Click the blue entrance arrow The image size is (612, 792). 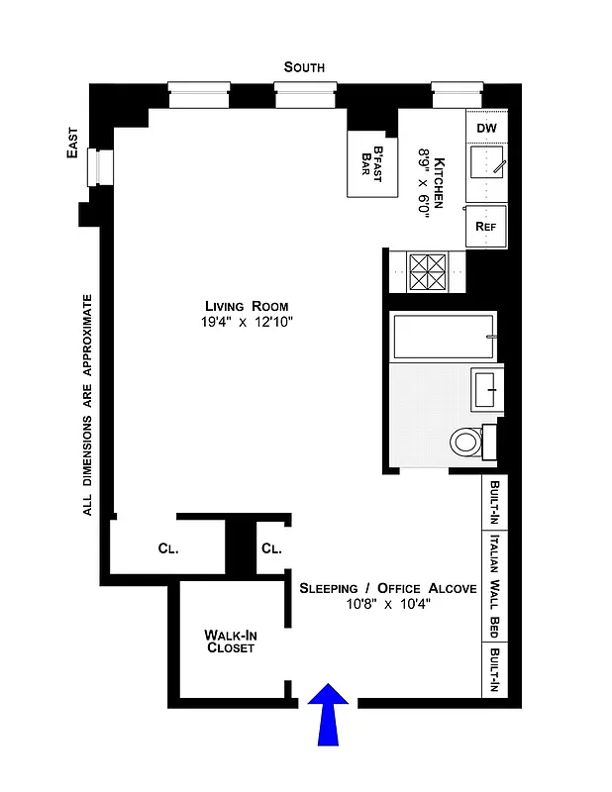pyautogui.click(x=329, y=715)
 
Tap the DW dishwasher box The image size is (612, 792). pyautogui.click(x=486, y=129)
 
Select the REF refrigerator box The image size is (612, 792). pyautogui.click(x=485, y=226)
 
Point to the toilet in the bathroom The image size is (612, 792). pyautogui.click(x=466, y=442)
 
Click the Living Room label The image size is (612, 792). pyautogui.click(x=246, y=305)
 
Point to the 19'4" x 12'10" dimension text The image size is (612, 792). pyautogui.click(x=246, y=322)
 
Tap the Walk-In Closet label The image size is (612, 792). pyautogui.click(x=230, y=641)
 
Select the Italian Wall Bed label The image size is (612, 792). pyautogui.click(x=493, y=587)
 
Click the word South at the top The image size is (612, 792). pyautogui.click(x=304, y=67)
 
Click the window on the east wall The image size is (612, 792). pyautogui.click(x=98, y=167)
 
